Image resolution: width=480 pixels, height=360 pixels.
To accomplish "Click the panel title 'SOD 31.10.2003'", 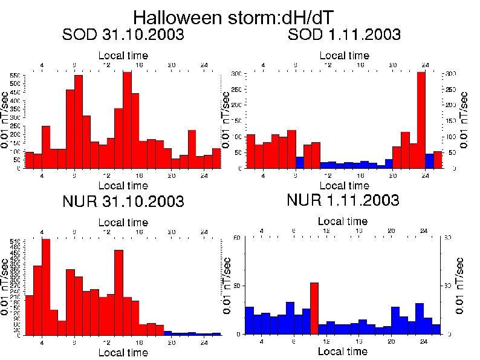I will [123, 35].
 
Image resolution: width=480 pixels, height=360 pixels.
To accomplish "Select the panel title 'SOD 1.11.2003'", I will [344, 35].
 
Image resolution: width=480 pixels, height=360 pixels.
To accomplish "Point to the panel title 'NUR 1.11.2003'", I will [343, 200].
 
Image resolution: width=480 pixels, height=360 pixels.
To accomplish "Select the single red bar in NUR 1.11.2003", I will [314, 308].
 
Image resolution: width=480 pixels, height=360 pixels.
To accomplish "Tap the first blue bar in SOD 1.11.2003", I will [299, 162].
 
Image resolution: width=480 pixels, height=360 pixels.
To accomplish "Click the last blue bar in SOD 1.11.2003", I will [429, 161].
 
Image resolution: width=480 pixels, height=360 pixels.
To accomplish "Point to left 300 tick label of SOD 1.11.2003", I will [237, 73].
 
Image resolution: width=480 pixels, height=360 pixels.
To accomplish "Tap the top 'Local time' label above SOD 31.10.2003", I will [123, 56].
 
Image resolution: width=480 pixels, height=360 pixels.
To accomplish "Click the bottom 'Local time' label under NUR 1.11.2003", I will [342, 352].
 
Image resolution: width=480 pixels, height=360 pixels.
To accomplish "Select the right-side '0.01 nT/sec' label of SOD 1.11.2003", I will [464, 120].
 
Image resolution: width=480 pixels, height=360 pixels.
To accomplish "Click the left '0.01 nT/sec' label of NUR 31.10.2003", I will [5, 286].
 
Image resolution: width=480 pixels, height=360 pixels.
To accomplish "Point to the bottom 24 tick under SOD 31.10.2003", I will [204, 176].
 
